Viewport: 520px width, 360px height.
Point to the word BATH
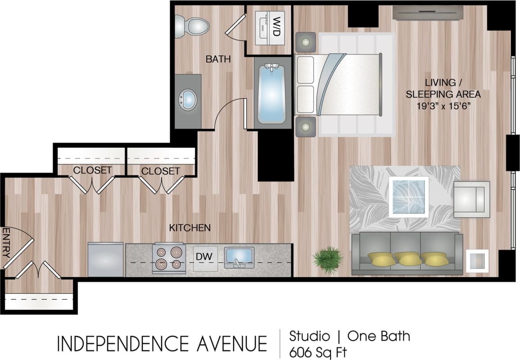pos(218,59)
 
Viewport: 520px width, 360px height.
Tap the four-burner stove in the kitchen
pos(169,258)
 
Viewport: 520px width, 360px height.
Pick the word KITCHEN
pos(190,228)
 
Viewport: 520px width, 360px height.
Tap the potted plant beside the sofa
pos(327,259)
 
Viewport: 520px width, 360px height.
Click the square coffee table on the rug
pos(408,197)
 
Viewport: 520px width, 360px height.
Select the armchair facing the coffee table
pos(471,199)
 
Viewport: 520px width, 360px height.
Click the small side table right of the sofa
pos(477,260)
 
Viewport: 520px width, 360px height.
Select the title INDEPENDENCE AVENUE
pos(162,344)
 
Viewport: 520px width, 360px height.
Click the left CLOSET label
pos(92,170)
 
